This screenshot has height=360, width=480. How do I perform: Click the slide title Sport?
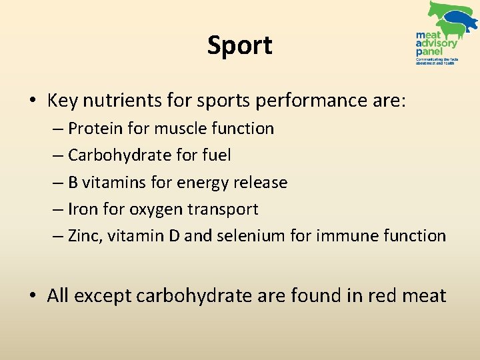point(239,46)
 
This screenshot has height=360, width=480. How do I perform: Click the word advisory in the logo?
point(437,43)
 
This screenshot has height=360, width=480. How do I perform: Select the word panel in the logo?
point(428,51)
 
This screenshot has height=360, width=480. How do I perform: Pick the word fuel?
point(216,155)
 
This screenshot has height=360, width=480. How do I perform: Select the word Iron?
point(82,209)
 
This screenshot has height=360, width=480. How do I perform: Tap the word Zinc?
point(83,236)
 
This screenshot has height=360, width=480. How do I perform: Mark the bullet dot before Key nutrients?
point(33,101)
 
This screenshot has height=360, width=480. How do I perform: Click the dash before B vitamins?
point(58,183)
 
